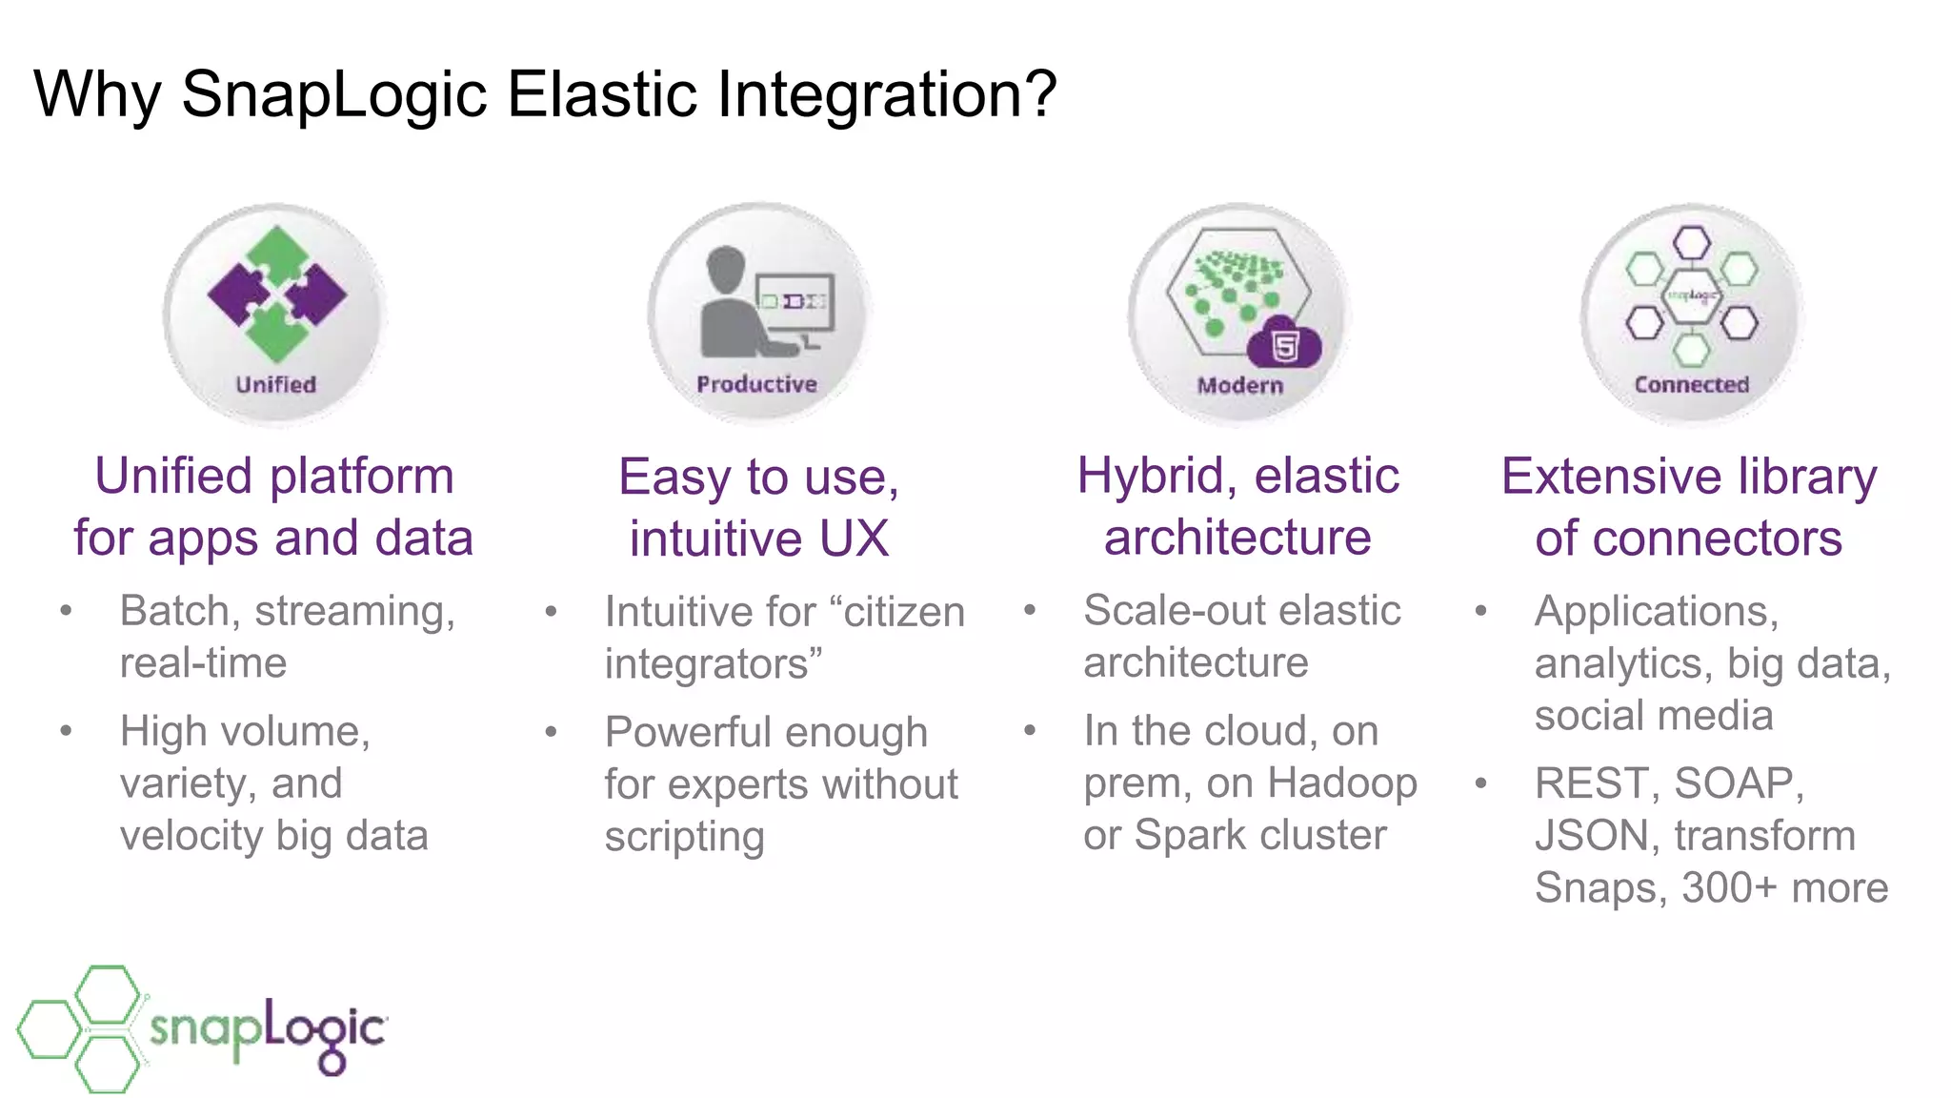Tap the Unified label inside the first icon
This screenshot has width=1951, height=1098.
point(275,384)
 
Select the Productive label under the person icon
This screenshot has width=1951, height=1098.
point(756,384)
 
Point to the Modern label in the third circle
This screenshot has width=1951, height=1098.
point(1239,385)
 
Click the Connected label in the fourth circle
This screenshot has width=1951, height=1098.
point(1691,384)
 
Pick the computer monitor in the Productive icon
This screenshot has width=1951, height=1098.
point(795,303)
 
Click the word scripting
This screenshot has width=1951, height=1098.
point(684,837)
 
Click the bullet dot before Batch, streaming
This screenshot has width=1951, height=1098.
point(66,610)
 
